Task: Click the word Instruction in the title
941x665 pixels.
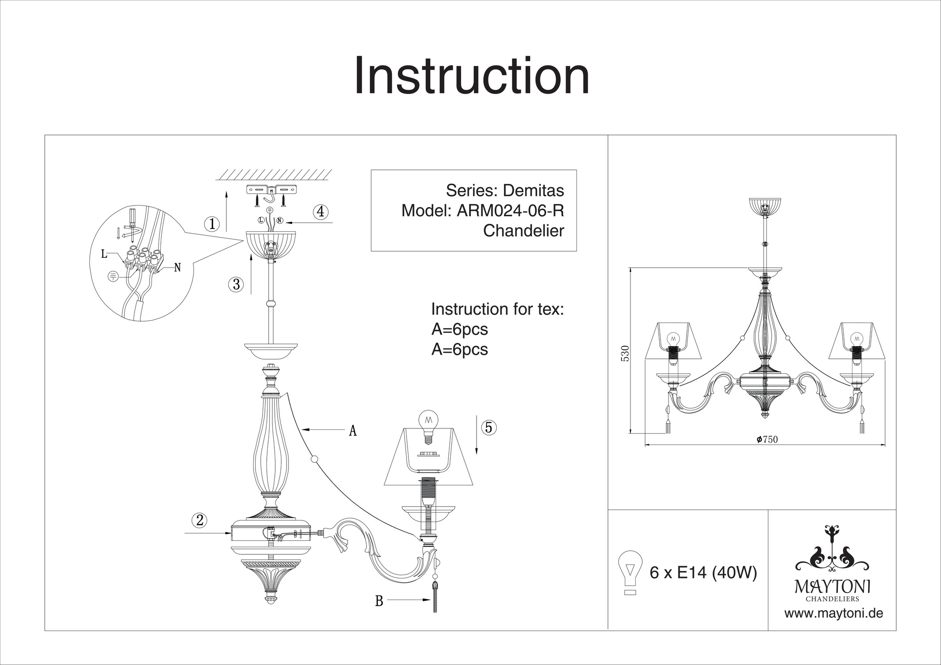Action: (x=471, y=76)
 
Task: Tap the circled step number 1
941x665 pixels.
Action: (x=212, y=224)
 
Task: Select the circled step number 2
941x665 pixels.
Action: (x=199, y=520)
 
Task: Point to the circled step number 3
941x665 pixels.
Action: (x=236, y=284)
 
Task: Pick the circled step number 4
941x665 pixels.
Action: (x=320, y=212)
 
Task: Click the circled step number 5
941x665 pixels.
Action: (x=488, y=427)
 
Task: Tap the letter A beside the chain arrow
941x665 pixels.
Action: (x=352, y=430)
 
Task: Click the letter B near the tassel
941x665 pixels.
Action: (x=379, y=601)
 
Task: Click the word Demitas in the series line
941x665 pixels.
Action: (x=533, y=190)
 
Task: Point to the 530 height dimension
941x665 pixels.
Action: (x=625, y=353)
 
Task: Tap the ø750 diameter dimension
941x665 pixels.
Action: (x=767, y=439)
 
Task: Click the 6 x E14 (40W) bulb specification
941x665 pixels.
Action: (x=703, y=573)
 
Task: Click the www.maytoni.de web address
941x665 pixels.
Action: (x=833, y=613)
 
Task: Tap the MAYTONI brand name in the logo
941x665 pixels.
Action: (x=832, y=586)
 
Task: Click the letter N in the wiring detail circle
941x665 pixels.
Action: (x=177, y=268)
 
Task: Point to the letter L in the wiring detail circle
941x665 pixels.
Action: (x=104, y=254)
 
